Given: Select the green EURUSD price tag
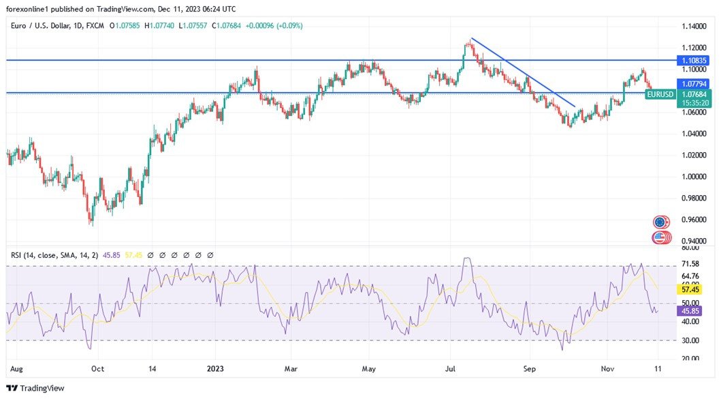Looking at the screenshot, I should tap(660, 93).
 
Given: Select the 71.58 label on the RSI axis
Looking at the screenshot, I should tap(690, 264).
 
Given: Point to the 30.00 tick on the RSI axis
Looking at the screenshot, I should tap(690, 340).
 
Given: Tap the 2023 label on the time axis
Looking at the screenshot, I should tap(216, 368).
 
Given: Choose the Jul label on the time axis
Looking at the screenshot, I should tap(450, 368).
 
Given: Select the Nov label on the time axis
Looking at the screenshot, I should tap(609, 368).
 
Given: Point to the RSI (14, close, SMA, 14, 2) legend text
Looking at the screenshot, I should tap(54, 255).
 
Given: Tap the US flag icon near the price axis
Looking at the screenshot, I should tap(660, 237).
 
